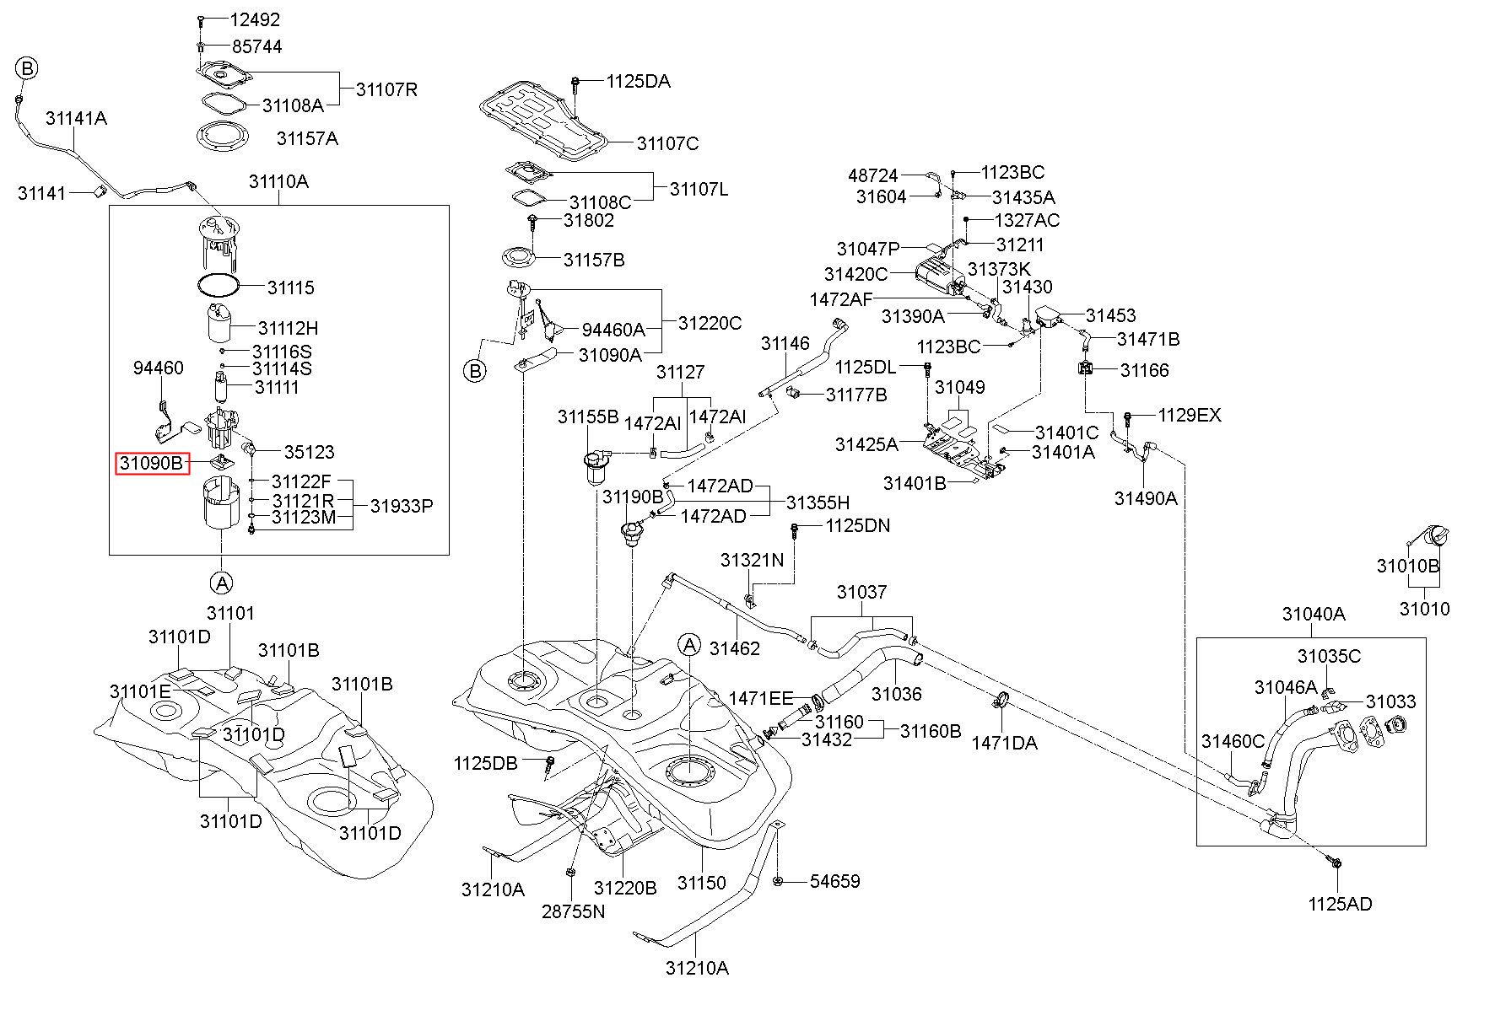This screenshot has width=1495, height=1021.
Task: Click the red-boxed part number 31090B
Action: pos(152,463)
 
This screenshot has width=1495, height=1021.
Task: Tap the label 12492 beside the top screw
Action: pos(255,19)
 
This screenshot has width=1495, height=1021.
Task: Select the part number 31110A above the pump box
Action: pos(278,181)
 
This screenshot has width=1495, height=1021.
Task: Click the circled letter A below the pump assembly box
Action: pos(221,582)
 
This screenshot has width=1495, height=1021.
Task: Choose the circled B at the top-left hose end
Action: pos(27,68)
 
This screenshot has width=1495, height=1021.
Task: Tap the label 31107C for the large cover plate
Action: pos(667,143)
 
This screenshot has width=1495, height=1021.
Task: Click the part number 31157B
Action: pos(594,260)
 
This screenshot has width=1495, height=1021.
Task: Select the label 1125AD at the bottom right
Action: pos(1340,904)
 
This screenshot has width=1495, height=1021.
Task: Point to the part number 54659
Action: pos(834,881)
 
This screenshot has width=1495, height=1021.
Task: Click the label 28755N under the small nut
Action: pos(574,911)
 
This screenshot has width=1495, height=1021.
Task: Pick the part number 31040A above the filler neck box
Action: pos(1314,614)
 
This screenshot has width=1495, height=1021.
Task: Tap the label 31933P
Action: pos(402,506)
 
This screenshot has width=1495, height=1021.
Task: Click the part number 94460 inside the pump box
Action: pos(159,368)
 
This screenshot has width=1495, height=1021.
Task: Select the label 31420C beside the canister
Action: pos(855,274)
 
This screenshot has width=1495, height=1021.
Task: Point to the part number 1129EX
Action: pos(1190,415)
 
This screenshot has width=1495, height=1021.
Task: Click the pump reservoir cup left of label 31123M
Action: pos(222,504)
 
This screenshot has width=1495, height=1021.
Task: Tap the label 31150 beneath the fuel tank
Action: pos(701,882)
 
